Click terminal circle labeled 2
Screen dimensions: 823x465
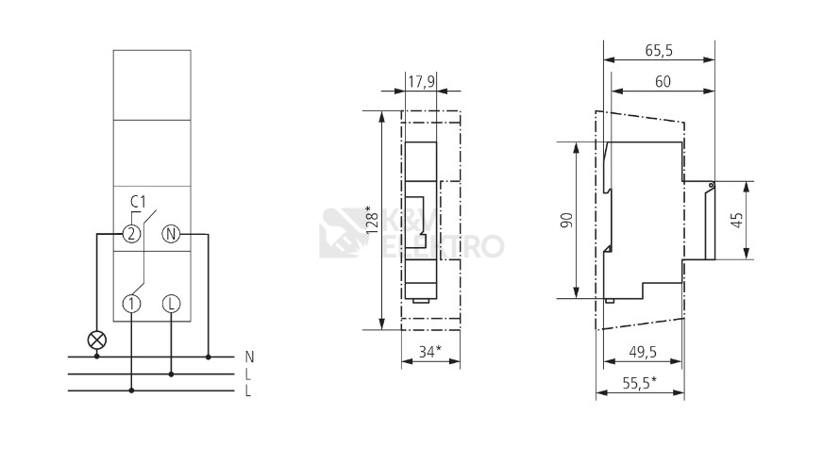pyautogui.click(x=132, y=234)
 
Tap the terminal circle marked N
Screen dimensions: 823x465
pyautogui.click(x=171, y=234)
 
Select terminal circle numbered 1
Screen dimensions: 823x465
pyautogui.click(x=132, y=304)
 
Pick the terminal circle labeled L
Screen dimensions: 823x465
pyautogui.click(x=171, y=304)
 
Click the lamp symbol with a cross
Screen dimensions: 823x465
pyautogui.click(x=96, y=340)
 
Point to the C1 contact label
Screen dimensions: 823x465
pyautogui.click(x=138, y=202)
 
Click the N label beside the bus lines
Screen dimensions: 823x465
pyautogui.click(x=249, y=357)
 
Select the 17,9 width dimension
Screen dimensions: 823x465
pyautogui.click(x=422, y=81)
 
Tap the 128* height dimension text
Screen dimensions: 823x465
pyautogui.click(x=372, y=220)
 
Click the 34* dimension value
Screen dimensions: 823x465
pyautogui.click(x=429, y=352)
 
